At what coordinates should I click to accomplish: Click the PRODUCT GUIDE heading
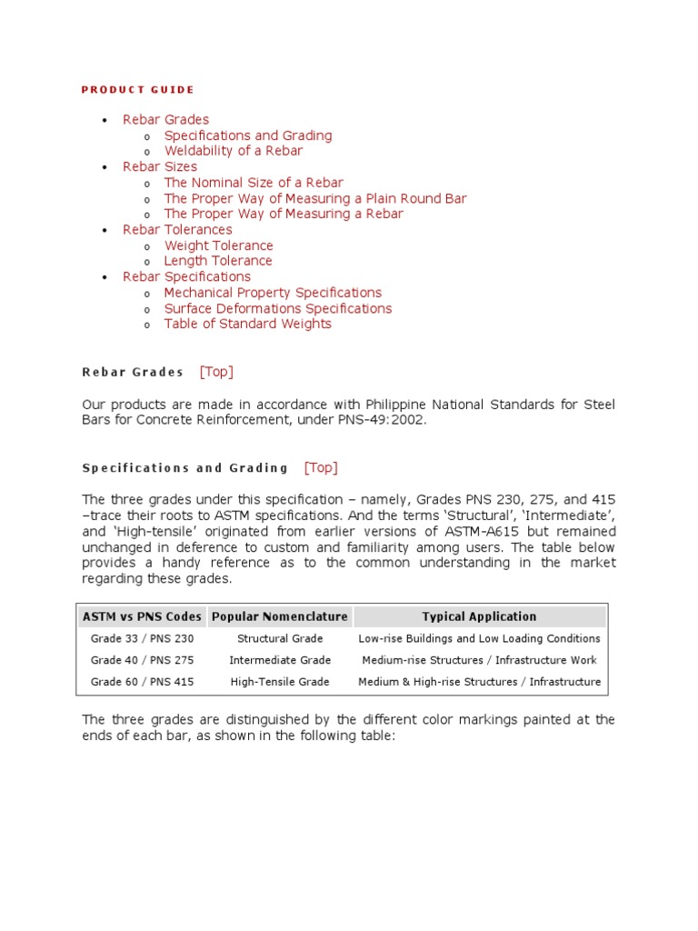(138, 90)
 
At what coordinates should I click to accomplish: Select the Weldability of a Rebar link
(233, 151)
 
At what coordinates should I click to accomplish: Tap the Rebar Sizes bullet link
(160, 166)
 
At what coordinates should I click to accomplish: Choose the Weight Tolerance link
(218, 245)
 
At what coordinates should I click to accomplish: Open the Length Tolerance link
(218, 261)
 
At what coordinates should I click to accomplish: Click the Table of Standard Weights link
(247, 324)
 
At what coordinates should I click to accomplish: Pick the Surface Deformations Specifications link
(277, 308)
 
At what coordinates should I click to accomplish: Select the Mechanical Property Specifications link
(273, 293)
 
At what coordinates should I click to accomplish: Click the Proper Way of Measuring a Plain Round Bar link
(314, 198)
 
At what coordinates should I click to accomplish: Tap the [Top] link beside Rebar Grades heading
(216, 372)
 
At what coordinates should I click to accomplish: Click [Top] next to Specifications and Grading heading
(321, 467)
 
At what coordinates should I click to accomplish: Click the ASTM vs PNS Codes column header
(142, 616)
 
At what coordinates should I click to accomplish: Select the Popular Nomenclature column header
(280, 616)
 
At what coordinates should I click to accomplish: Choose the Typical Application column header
(479, 616)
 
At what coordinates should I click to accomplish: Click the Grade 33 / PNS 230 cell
(142, 638)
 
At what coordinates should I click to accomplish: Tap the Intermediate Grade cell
(280, 660)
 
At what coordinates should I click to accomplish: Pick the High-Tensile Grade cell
(280, 682)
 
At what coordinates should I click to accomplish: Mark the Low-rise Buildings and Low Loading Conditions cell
(479, 638)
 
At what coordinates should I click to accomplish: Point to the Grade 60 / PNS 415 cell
(142, 682)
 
